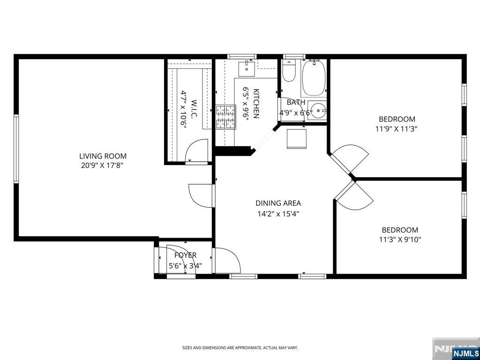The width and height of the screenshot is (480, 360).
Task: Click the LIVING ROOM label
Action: [x=103, y=156]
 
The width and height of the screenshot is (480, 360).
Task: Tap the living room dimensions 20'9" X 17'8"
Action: [x=104, y=166]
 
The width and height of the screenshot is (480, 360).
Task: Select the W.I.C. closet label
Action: [x=194, y=110]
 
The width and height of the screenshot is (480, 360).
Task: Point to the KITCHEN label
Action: [x=256, y=104]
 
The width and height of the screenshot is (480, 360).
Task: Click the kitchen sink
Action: [x=247, y=69]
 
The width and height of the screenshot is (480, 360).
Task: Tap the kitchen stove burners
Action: [x=225, y=117]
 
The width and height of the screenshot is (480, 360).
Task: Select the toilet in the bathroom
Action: [x=288, y=71]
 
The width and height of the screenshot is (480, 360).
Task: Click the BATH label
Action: [x=296, y=102]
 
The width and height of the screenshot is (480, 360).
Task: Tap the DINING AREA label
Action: [x=278, y=203]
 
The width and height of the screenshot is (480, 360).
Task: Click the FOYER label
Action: [x=185, y=255]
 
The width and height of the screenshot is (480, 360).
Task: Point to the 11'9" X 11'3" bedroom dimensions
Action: [x=397, y=129]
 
